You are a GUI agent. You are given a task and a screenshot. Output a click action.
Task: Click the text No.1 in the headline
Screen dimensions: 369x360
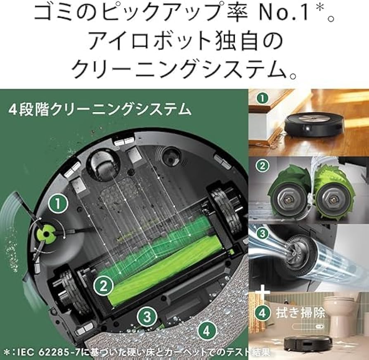284,13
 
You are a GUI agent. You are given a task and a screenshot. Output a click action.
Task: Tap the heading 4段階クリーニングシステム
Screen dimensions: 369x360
100,110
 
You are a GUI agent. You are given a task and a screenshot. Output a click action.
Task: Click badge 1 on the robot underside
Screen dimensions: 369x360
58,204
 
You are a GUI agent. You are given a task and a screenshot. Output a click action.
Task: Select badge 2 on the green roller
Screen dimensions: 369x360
103,286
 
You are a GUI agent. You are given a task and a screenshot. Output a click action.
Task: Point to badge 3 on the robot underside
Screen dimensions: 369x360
147,316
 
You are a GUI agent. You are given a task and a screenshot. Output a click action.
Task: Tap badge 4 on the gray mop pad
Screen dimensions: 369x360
206,331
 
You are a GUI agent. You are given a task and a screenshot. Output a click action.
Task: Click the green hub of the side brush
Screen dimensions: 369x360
46,234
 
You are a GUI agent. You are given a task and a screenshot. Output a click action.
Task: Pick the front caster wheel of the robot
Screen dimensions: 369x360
103,165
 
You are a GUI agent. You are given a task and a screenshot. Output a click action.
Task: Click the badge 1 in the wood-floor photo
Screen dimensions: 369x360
263,98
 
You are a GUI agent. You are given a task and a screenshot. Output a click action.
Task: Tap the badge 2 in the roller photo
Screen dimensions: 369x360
262,166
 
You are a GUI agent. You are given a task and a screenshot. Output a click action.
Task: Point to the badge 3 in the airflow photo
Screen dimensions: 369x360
262,234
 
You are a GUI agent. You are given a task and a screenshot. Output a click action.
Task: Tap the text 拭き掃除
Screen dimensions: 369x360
300,313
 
